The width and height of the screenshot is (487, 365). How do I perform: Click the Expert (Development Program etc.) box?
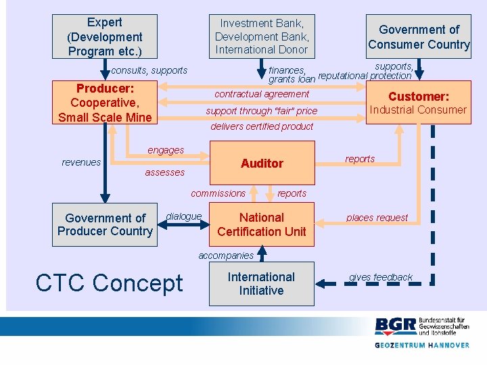coord(105,36)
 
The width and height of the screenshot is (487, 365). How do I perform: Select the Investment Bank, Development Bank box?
coord(262,36)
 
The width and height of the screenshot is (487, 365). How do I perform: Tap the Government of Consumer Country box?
coord(419,36)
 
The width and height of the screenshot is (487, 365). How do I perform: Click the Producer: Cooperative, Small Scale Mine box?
coord(105,103)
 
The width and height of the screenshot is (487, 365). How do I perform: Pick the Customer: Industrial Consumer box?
coord(418,103)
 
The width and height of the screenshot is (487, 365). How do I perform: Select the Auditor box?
coord(262,163)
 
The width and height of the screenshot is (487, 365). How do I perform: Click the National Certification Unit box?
coord(262,224)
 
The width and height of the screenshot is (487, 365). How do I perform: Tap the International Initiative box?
coord(262,284)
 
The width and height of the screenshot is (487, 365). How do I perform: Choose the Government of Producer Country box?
coord(105,224)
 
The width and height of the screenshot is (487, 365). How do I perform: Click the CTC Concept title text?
coord(109,283)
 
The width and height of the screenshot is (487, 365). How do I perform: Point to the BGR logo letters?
coord(396,326)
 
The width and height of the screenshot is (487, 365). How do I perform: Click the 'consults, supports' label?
coord(149,70)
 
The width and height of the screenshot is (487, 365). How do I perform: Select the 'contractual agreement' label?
coord(262,94)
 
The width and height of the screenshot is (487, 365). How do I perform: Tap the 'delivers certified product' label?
coord(262,126)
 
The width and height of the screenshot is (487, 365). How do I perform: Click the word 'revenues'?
coord(81,162)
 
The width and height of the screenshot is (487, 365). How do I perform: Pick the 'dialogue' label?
coord(183,216)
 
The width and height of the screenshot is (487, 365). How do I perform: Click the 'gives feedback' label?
coord(381,277)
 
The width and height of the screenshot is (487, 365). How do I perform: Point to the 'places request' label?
coord(377,218)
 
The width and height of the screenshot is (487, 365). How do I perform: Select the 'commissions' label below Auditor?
coord(218,193)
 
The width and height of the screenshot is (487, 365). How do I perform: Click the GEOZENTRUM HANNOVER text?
coord(422,345)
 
